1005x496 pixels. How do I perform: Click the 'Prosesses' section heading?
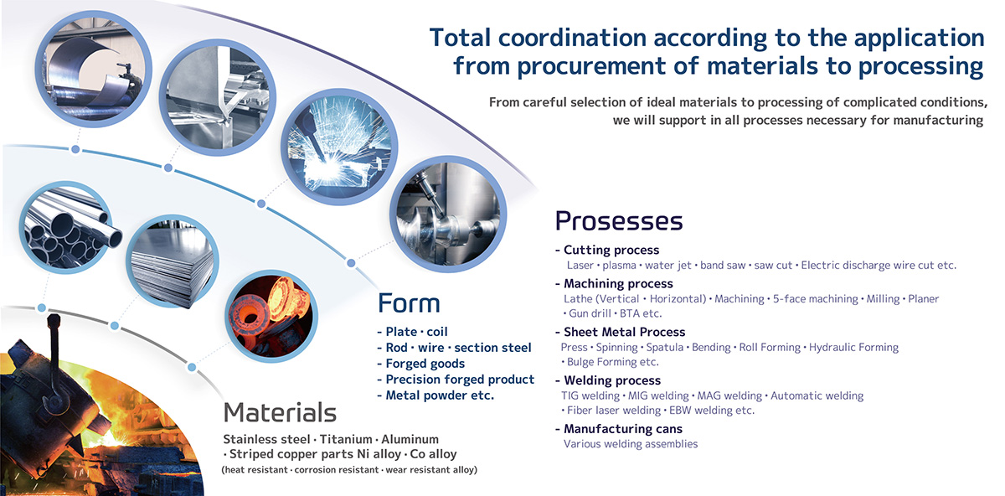619,221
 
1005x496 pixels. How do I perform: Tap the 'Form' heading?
409,303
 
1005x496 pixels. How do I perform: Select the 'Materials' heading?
280,412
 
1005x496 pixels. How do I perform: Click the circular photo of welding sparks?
339,147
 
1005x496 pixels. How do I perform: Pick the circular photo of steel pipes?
66,227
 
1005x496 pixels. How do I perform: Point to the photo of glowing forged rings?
271,317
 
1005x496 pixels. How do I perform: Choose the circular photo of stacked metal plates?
173,261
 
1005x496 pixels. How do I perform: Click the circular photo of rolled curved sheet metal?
93,70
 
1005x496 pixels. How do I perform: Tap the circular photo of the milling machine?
448,214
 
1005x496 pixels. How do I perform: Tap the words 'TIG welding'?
590,396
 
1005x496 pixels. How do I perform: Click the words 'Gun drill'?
590,313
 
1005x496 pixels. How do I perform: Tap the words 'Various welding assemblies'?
631,444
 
